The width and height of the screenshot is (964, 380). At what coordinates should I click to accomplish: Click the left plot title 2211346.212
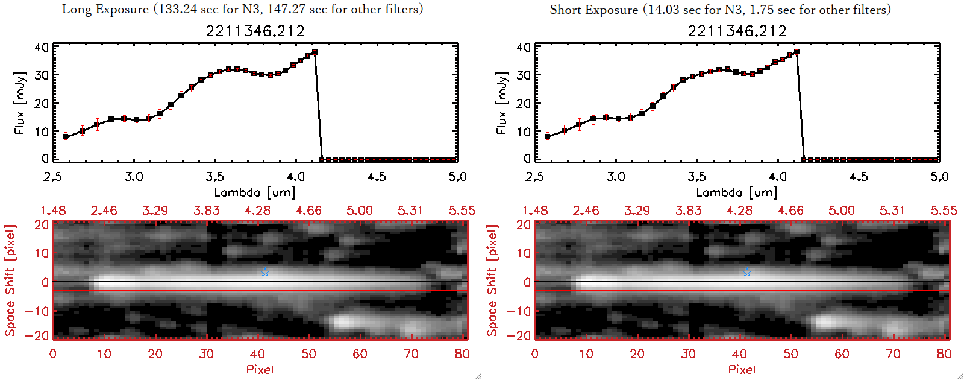click(255, 31)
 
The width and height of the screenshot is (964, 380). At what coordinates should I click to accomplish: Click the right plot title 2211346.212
click(737, 31)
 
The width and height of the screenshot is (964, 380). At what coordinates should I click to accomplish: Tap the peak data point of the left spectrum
click(315, 52)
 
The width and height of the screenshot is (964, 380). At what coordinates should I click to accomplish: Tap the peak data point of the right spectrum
click(797, 52)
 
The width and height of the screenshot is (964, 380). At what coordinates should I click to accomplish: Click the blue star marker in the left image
click(265, 272)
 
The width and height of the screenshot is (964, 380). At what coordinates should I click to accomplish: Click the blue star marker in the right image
click(747, 272)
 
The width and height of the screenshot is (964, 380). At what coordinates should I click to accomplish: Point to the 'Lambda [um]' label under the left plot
click(255, 192)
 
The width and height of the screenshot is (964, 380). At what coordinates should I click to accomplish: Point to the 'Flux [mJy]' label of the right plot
click(501, 103)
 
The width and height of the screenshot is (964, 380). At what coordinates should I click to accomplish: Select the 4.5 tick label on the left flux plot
click(377, 177)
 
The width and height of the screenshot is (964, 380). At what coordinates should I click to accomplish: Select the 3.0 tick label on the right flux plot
click(616, 177)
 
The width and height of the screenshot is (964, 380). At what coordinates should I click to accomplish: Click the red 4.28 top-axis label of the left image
click(257, 211)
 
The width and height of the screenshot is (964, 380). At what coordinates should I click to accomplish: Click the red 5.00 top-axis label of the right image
click(841, 211)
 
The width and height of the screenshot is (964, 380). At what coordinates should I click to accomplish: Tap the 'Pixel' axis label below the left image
click(260, 369)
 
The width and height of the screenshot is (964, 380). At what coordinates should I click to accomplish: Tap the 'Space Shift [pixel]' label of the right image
click(492, 280)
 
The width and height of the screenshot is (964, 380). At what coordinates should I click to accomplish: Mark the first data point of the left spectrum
click(66, 137)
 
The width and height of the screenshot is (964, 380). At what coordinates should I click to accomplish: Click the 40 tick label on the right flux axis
click(524, 47)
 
